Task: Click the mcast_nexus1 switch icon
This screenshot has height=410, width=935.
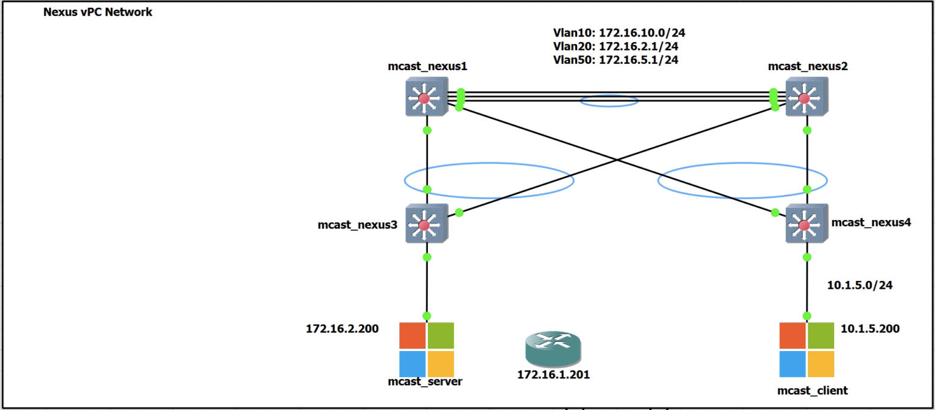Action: pyautogui.click(x=426, y=98)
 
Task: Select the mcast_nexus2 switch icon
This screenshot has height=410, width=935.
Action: pyautogui.click(x=806, y=98)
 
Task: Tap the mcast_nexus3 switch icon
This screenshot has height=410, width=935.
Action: pyautogui.click(x=426, y=225)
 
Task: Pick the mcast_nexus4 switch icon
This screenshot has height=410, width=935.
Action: pyautogui.click(x=806, y=225)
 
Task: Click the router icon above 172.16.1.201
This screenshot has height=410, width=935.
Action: pyautogui.click(x=553, y=350)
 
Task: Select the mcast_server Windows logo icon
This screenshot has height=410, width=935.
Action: pyautogui.click(x=426, y=350)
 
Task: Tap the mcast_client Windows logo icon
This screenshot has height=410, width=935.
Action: pyautogui.click(x=807, y=350)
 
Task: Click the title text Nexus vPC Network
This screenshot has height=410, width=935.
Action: pyautogui.click(x=97, y=12)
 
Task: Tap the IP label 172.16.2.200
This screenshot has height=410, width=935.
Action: pyautogui.click(x=342, y=329)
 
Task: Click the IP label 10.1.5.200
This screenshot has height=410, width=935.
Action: pyautogui.click(x=870, y=329)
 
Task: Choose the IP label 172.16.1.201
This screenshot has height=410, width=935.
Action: pyautogui.click(x=553, y=375)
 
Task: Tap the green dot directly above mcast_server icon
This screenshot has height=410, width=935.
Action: pyautogui.click(x=427, y=316)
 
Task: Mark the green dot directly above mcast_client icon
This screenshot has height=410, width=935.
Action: pyautogui.click(x=807, y=316)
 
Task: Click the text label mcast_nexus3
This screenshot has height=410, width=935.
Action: pyautogui.click(x=357, y=225)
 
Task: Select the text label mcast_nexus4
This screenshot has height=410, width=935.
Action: pyautogui.click(x=870, y=223)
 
